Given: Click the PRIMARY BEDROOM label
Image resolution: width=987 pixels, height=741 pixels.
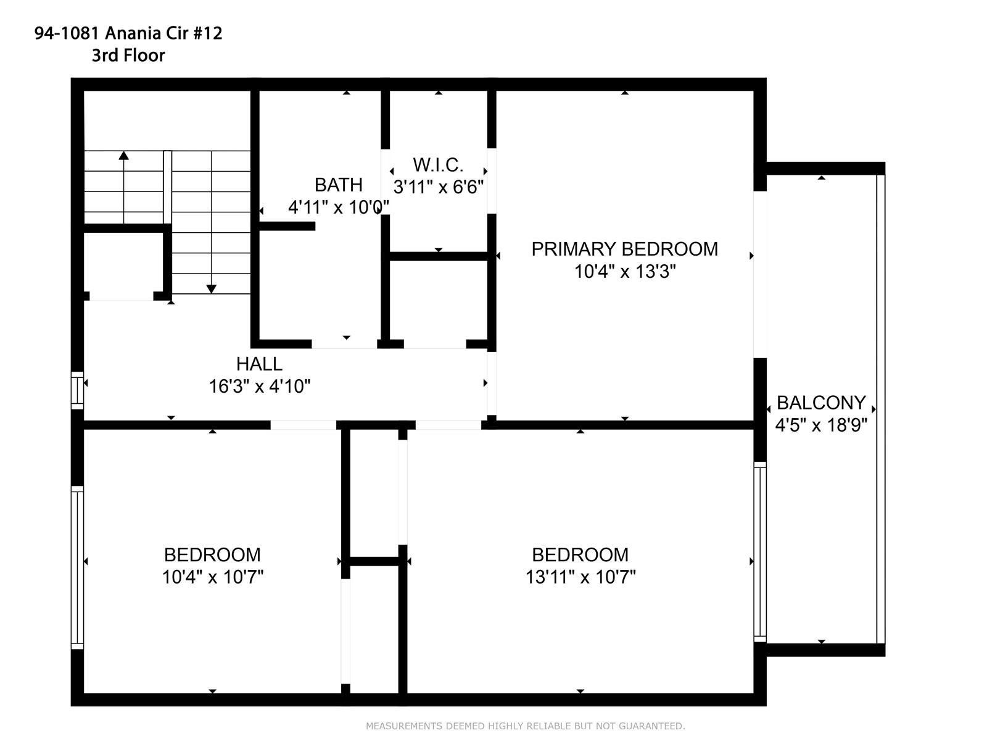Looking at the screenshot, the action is pyautogui.click(x=624, y=249).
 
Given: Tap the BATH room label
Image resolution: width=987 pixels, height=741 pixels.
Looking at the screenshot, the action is pyautogui.click(x=338, y=185).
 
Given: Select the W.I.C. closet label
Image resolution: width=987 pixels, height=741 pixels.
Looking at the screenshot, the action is pyautogui.click(x=438, y=165).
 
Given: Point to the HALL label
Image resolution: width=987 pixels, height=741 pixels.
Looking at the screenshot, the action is pyautogui.click(x=260, y=364).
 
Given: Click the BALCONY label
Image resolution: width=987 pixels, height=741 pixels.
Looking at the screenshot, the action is pyautogui.click(x=821, y=403).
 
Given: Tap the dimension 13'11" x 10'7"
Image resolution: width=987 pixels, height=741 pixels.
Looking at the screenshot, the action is pyautogui.click(x=580, y=577).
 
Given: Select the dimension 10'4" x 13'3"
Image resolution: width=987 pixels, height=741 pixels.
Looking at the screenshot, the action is pyautogui.click(x=625, y=271).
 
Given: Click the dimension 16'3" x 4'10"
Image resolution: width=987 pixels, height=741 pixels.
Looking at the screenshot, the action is pyautogui.click(x=260, y=386).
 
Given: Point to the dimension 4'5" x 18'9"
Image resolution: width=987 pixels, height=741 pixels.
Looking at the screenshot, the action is pyautogui.click(x=821, y=425).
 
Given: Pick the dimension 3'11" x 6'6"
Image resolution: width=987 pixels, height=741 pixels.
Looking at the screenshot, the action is pyautogui.click(x=438, y=187).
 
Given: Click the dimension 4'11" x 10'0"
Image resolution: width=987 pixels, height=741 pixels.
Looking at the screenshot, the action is pyautogui.click(x=338, y=207).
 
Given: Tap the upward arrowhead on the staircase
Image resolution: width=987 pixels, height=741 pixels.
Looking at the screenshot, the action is pyautogui.click(x=123, y=155).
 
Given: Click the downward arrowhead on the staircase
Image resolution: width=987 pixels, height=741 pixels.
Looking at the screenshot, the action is pyautogui.click(x=212, y=289).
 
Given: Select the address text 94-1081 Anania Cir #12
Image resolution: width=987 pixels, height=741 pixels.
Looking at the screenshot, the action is pyautogui.click(x=128, y=33).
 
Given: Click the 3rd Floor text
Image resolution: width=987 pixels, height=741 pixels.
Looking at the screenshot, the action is pyautogui.click(x=128, y=56).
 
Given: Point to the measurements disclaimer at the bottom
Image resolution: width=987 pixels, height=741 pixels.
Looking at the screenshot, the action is pyautogui.click(x=525, y=726).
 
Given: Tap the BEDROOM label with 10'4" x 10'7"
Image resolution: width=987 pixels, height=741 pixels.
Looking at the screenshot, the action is pyautogui.click(x=212, y=555).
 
